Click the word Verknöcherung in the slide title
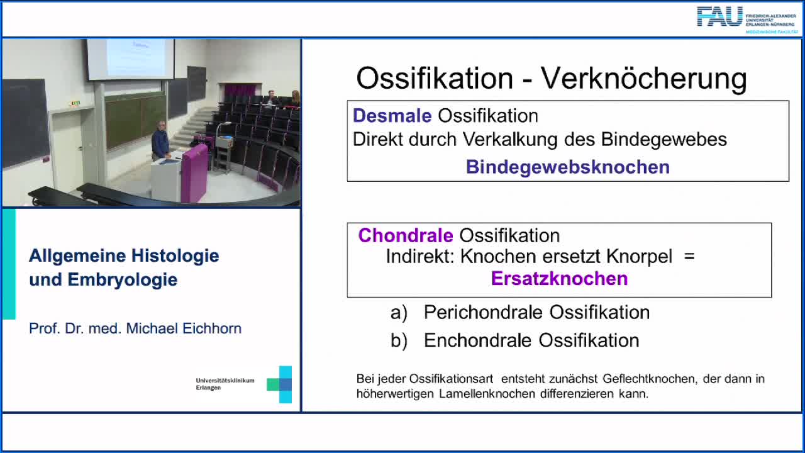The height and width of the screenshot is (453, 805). [x=644, y=79]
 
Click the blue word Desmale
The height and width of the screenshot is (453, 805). [x=392, y=116]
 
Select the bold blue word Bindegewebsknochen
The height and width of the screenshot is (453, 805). [x=567, y=167]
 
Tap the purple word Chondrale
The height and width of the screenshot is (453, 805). [x=406, y=236]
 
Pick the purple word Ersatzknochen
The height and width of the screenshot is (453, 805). [x=559, y=279]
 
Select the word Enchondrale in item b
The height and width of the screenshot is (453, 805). [x=479, y=340]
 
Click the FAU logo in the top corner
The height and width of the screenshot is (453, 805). [x=719, y=16]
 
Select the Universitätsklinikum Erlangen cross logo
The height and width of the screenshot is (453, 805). [x=280, y=384]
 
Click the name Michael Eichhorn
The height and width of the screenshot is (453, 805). [x=184, y=328]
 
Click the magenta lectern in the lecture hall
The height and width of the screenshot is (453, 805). [x=194, y=172]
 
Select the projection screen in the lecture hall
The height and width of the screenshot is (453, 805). [x=130, y=58]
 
